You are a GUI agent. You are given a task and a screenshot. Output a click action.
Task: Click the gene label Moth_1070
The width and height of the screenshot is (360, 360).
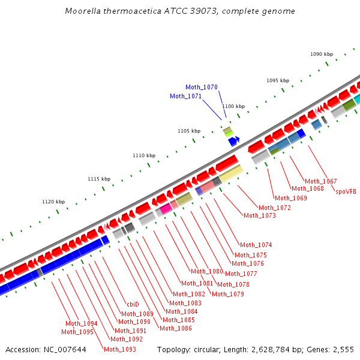tap(202, 87)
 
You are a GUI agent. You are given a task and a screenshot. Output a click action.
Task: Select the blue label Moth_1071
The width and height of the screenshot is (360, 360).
tap(186, 96)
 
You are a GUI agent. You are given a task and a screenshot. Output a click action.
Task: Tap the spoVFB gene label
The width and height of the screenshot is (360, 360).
tap(346, 192)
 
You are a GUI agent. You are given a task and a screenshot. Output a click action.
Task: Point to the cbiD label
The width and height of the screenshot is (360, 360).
tap(133, 304)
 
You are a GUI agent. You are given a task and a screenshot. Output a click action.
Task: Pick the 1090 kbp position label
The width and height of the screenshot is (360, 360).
tap(322, 54)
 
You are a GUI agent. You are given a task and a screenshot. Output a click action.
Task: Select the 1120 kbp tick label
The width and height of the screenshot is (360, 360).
tap(53, 202)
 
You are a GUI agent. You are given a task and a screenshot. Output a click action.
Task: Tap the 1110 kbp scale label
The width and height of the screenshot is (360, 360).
tap(144, 155)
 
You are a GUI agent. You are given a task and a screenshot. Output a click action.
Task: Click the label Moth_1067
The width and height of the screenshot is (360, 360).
tap(321, 181)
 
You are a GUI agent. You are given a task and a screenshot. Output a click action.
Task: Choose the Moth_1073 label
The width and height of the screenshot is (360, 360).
tap(260, 215)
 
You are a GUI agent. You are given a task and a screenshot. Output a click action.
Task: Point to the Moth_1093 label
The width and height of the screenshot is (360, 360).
tap(120, 349)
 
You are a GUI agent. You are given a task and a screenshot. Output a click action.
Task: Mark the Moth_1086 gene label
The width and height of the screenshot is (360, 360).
tap(176, 328)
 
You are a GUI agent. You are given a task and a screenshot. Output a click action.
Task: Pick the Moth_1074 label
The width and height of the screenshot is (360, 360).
tap(256, 245)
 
